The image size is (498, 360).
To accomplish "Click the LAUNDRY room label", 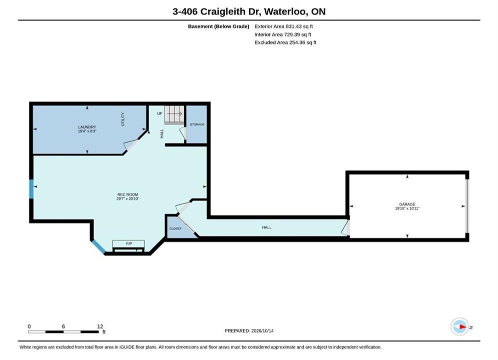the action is [87, 127].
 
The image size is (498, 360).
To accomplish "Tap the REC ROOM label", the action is [128, 194].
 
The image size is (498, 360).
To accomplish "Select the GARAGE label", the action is [407, 204].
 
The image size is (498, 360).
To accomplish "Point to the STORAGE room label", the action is [197, 124].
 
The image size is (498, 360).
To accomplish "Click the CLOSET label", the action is [175, 228].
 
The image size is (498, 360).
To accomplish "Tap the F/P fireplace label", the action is [129, 243].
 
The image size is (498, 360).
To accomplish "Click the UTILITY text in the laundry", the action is [123, 119].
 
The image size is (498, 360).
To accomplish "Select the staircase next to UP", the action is [174, 114].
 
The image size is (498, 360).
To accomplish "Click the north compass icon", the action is [460, 326].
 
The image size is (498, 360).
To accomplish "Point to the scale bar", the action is [63, 332].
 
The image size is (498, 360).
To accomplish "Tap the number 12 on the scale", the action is [100, 326].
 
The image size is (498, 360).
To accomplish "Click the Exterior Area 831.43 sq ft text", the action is [284, 26].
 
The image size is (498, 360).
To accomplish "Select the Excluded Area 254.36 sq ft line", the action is [285, 42].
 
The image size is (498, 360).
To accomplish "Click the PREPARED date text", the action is [249, 330].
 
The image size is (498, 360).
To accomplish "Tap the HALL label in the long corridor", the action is [267, 227].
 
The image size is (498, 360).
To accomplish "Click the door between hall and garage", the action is [346, 227].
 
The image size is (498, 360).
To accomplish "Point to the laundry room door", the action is [131, 145].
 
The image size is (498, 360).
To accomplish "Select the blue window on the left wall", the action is [31, 189].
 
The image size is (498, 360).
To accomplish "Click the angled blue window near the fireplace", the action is [99, 247].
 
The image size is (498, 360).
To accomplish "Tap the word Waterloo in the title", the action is [285, 11].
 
